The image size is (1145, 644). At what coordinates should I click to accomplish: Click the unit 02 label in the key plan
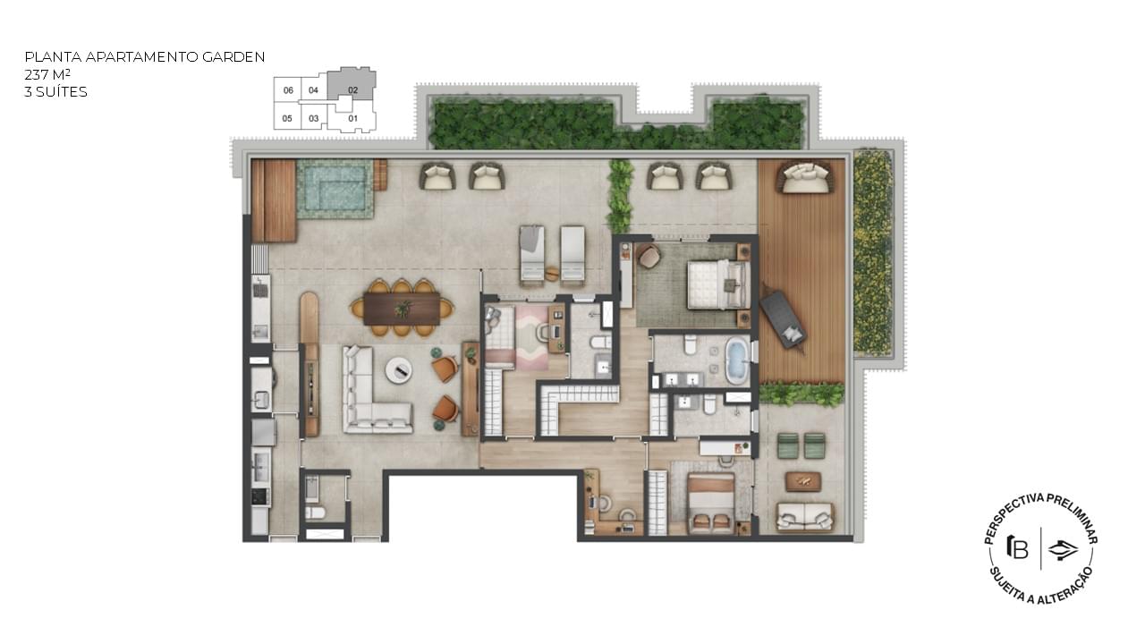[352, 90]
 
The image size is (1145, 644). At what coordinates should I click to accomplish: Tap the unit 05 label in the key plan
[287, 119]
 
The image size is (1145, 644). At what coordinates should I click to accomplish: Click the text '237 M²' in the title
[47, 74]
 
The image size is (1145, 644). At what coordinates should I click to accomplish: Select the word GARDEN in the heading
[233, 56]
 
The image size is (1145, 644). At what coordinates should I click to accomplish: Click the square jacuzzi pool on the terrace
[335, 189]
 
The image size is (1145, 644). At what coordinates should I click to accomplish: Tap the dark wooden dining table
[403, 309]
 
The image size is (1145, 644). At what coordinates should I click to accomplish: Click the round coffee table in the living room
[399, 370]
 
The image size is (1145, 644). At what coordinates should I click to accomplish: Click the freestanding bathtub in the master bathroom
[736, 362]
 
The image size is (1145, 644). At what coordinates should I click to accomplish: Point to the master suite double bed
[719, 284]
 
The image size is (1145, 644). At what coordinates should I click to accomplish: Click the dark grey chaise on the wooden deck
[783, 320]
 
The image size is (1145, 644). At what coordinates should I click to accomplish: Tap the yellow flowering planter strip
[872, 251]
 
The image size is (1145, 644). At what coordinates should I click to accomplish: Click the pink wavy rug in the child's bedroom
[531, 338]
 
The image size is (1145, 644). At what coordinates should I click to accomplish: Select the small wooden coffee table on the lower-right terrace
[803, 481]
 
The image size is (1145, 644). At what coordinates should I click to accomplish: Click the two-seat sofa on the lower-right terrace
[804, 517]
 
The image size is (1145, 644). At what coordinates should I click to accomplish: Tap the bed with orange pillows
[711, 504]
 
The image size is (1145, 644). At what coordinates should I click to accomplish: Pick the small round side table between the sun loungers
[552, 274]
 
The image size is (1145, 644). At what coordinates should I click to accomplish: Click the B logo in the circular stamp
[1018, 547]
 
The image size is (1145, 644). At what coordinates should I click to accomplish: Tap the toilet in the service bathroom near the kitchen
[315, 513]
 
